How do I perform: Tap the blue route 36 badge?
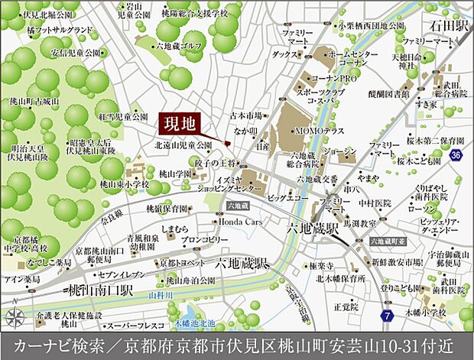coord(456,156)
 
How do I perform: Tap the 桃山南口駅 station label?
coord(99,291)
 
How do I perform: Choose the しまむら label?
coord(176,228)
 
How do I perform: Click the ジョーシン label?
coord(338,152)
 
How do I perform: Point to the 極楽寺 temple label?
coord(298,265)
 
